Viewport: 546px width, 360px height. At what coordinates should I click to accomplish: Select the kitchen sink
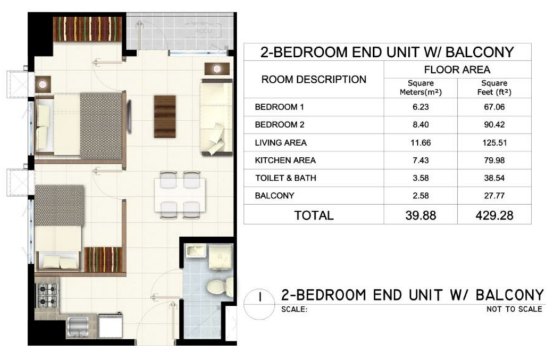click(77, 327)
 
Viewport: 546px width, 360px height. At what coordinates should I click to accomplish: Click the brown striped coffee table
click(165, 116)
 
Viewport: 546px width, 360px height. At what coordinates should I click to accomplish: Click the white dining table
click(180, 195)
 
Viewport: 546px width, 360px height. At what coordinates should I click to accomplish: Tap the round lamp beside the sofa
click(217, 69)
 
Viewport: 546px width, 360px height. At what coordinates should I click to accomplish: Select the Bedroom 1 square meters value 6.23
click(421, 107)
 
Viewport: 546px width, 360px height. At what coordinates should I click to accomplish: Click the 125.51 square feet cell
click(494, 142)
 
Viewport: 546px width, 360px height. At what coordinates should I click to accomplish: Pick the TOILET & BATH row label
click(286, 178)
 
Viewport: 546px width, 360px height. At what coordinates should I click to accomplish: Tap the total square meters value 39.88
click(421, 216)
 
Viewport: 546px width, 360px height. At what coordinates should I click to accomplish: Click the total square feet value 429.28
click(494, 216)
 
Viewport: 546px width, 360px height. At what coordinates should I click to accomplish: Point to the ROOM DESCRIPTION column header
click(314, 80)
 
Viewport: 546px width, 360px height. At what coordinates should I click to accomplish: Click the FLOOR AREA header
click(457, 70)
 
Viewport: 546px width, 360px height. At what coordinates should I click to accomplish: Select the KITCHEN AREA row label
click(285, 160)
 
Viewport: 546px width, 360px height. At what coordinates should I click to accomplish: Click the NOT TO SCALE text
click(514, 309)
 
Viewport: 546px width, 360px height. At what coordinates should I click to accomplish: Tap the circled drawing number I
click(260, 297)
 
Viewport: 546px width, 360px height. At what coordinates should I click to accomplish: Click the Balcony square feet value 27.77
click(494, 196)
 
